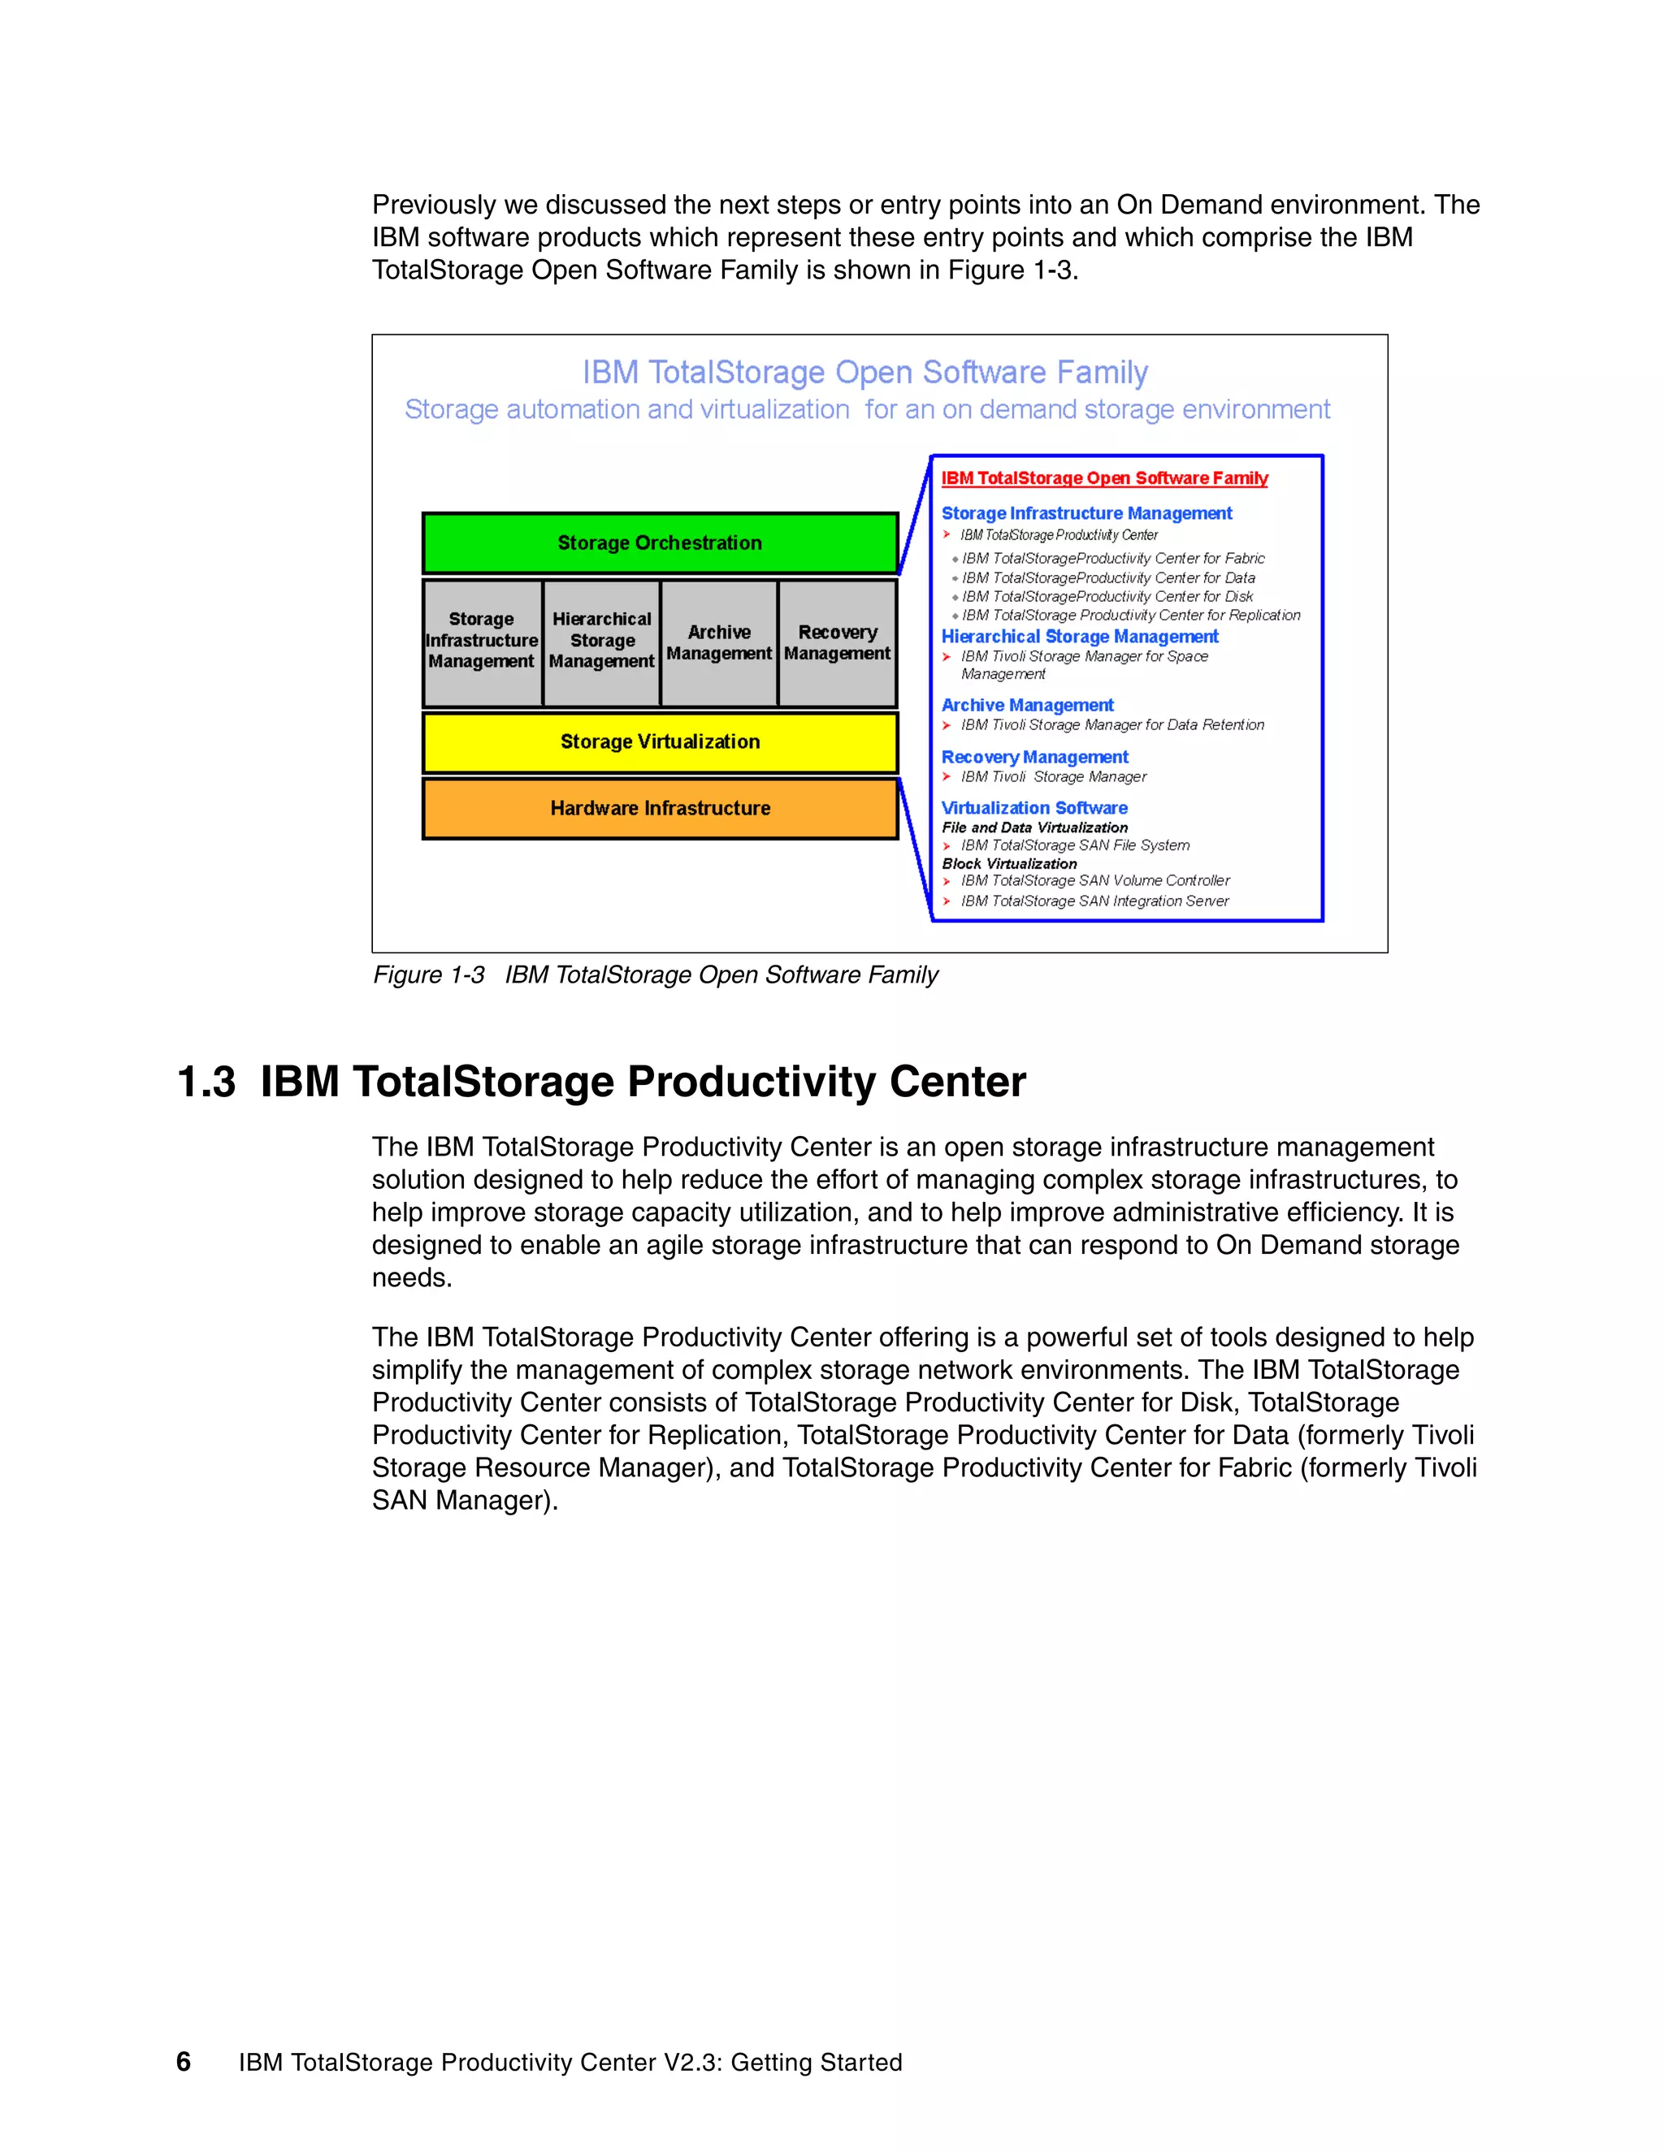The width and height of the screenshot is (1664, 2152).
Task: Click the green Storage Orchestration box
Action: [660, 543]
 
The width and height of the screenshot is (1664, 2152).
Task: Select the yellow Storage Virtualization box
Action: [660, 742]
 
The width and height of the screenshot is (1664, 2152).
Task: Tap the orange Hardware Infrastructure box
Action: [660, 808]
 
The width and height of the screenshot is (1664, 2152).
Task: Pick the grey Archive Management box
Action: [718, 642]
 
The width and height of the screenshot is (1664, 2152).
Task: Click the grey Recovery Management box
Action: [837, 642]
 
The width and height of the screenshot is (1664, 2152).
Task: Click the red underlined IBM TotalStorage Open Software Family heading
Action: [1104, 478]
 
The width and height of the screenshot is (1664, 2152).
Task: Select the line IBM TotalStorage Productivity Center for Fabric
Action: [1113, 559]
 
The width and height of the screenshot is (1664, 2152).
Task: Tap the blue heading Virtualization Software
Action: [1034, 808]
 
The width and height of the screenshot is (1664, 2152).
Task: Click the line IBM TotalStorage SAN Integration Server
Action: [1094, 901]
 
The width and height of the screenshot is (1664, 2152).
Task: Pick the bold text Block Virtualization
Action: [1008, 863]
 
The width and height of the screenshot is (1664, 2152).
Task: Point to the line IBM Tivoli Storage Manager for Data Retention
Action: [1112, 725]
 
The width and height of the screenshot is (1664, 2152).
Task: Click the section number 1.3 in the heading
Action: [206, 1082]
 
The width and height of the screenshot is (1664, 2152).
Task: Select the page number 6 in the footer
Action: [184, 2061]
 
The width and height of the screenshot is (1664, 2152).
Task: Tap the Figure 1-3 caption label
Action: [429, 974]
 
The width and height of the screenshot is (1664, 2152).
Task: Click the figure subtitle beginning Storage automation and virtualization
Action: [866, 410]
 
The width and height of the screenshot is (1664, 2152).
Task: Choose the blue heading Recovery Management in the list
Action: [1034, 757]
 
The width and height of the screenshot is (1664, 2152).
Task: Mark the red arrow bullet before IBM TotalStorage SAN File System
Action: [947, 845]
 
